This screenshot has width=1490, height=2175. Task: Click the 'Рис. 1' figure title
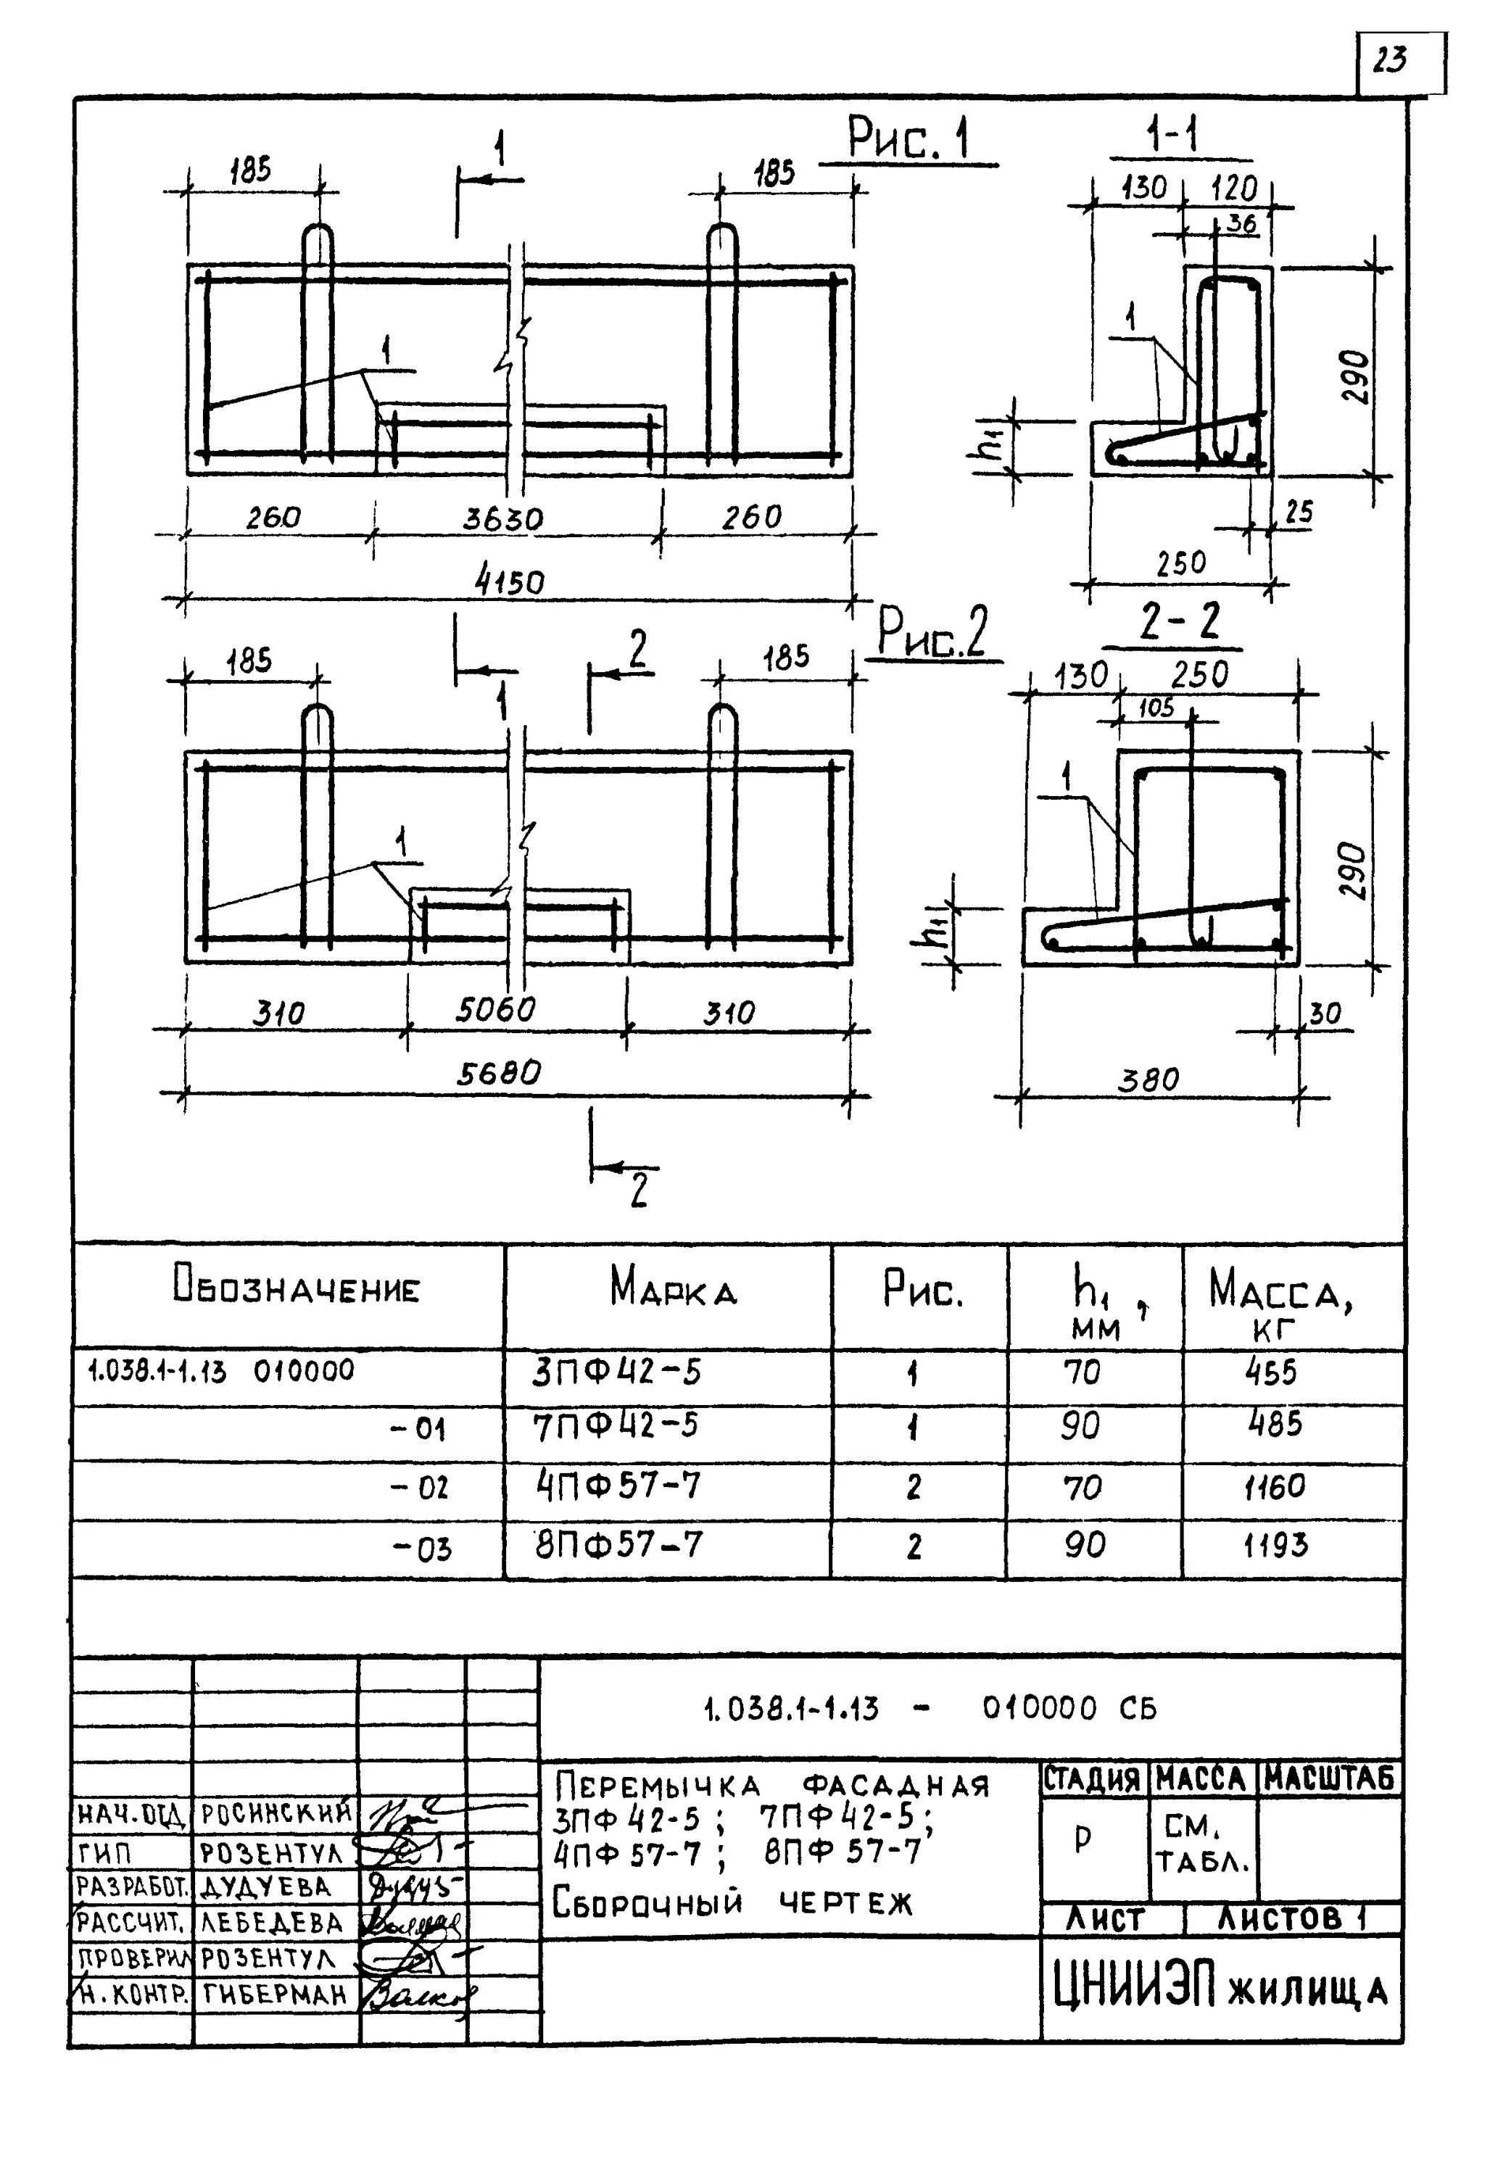(x=907, y=138)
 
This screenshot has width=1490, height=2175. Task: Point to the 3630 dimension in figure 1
(x=502, y=518)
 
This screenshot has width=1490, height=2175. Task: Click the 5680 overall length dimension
(x=499, y=1072)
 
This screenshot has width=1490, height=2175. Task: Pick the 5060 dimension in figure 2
(x=496, y=1010)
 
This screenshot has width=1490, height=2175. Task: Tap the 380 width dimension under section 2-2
(x=1148, y=1080)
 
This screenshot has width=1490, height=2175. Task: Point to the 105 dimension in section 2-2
(x=1156, y=708)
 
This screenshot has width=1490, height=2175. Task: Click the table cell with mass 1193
(x=1275, y=1545)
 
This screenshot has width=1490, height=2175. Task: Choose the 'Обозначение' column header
(x=296, y=1288)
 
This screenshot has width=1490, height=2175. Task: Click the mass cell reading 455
(x=1271, y=1373)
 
